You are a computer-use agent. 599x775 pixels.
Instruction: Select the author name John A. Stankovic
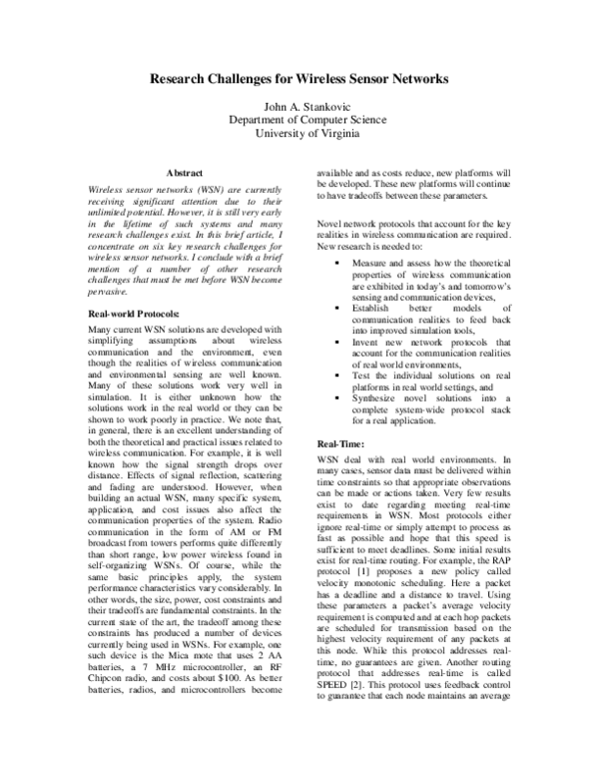299,104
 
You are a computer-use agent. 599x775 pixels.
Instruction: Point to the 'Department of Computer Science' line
299,118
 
